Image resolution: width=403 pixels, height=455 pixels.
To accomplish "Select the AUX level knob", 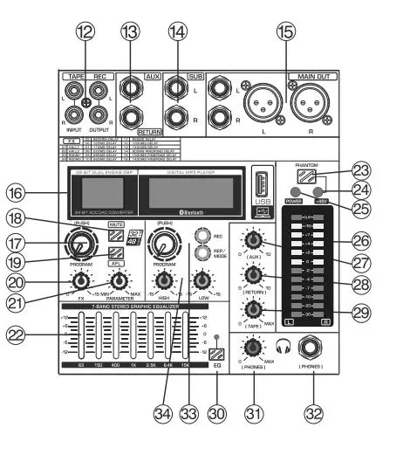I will tap(253, 241).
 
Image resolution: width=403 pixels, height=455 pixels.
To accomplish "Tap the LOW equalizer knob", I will tap(201, 279).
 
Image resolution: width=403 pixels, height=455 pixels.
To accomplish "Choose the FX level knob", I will tap(80, 280).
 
